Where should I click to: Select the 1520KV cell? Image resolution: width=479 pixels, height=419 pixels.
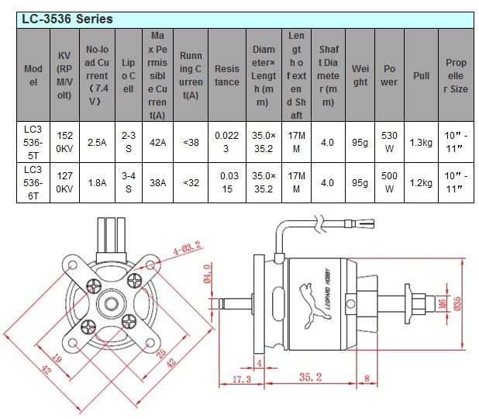(65, 142)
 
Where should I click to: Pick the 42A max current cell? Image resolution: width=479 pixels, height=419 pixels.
(158, 142)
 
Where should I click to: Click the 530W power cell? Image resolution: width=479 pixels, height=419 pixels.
(389, 142)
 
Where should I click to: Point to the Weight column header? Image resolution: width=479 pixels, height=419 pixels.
(360, 75)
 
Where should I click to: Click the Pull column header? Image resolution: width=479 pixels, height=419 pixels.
(422, 75)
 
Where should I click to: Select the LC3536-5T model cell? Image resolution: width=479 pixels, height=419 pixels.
(33, 142)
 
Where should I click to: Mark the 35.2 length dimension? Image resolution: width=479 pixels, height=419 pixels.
(309, 378)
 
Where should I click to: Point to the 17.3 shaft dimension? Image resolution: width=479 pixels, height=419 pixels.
(242, 379)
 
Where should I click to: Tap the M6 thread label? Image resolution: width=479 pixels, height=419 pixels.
(442, 301)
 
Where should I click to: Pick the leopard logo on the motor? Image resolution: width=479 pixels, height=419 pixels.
(306, 299)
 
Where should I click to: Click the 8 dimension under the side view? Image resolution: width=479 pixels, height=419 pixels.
(366, 379)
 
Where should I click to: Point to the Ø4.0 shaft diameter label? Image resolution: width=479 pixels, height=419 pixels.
(208, 275)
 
